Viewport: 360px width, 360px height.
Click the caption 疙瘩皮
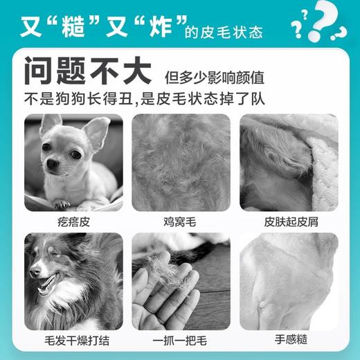(x=73, y=223)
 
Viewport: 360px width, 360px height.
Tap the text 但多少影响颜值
(x=215, y=77)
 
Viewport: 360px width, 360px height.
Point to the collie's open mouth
(x=47, y=283)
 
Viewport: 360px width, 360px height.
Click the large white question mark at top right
(x=326, y=21)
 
